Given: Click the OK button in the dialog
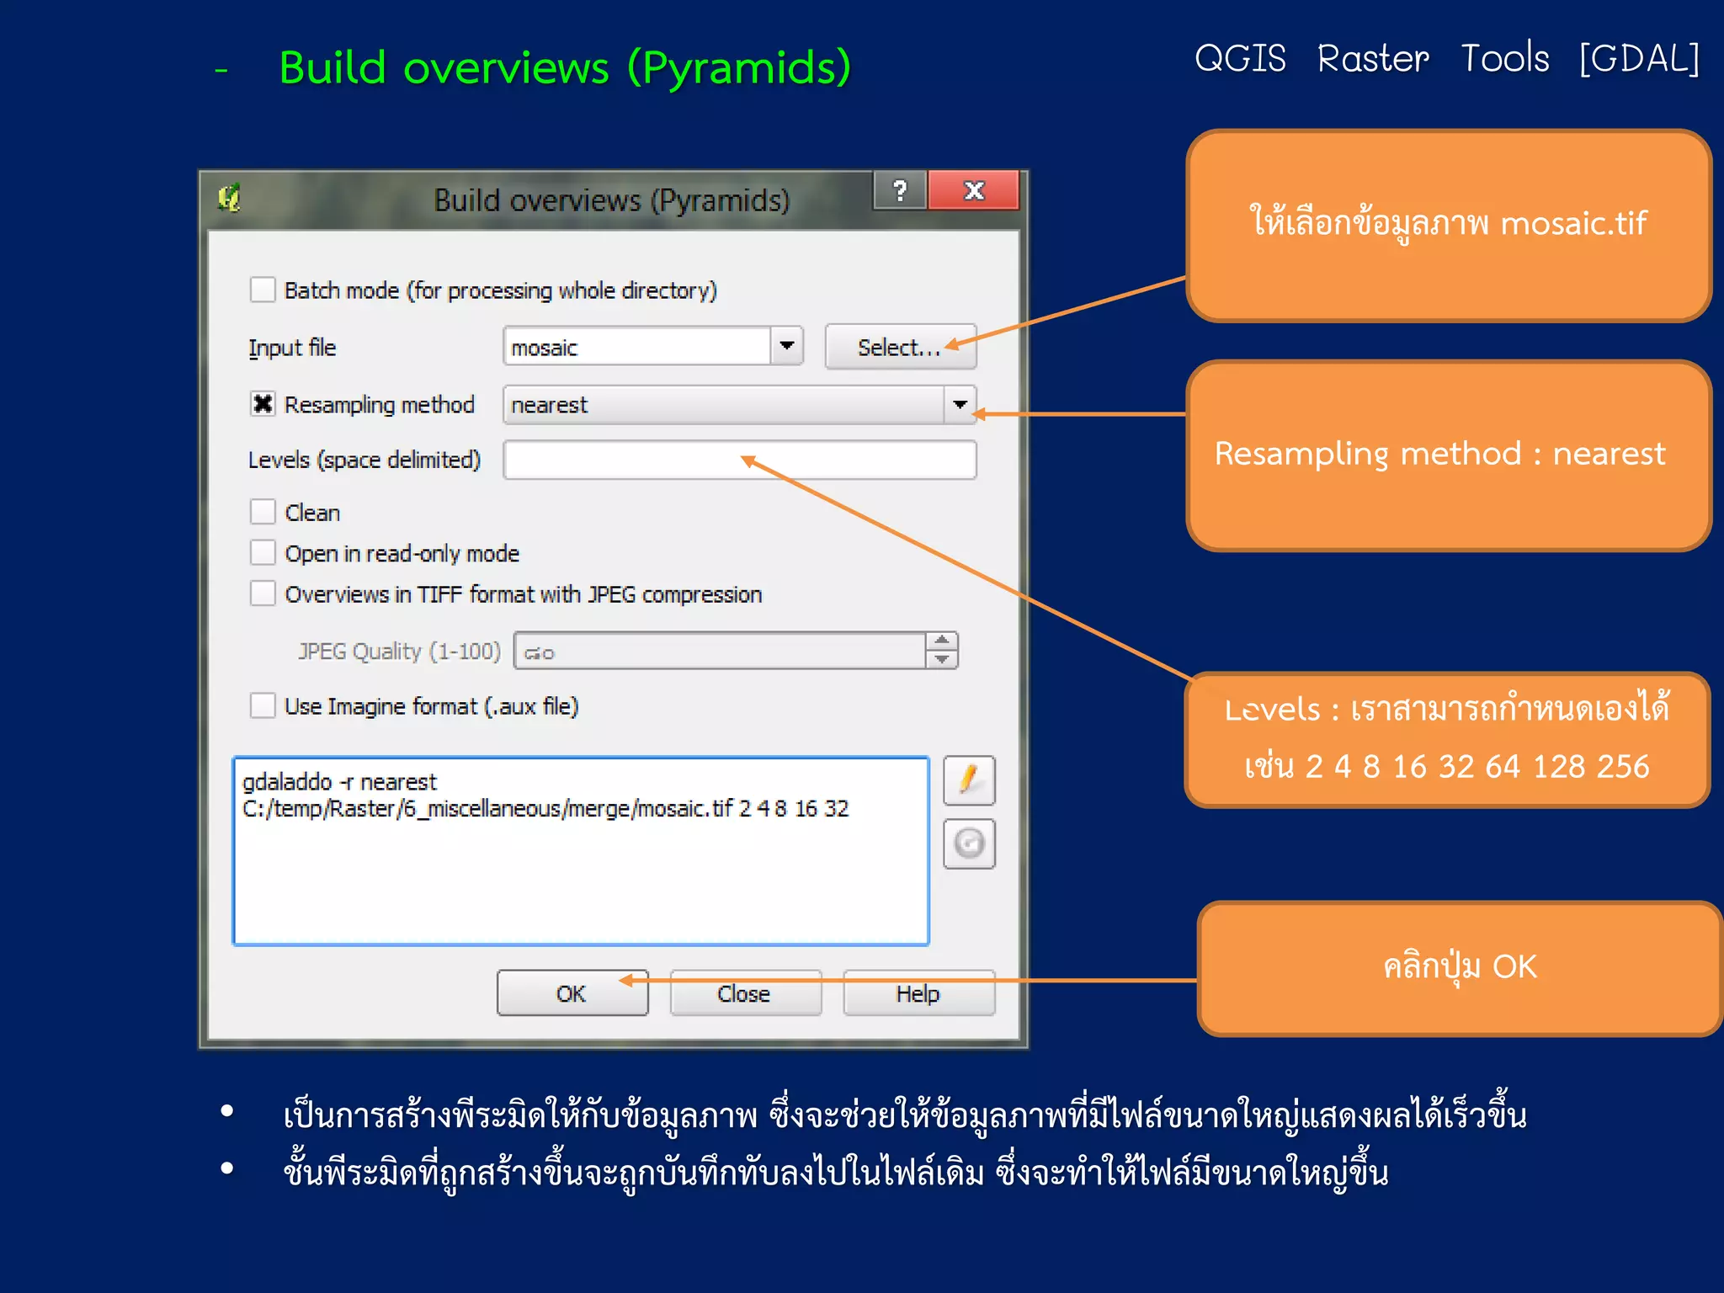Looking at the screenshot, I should tap(572, 993).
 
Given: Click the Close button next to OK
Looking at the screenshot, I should tap(744, 993).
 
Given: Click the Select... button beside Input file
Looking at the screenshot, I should tap(899, 347).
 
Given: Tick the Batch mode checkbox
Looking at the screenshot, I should tap(263, 290).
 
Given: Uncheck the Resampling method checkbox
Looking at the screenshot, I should tap(263, 404).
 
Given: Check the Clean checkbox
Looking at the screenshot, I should tap(263, 512).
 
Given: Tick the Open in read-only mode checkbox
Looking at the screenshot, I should tap(263, 553).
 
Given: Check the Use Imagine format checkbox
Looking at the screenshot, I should tap(263, 705).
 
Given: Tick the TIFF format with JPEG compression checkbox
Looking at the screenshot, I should tap(263, 593).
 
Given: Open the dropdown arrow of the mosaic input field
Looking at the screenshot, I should tap(787, 346).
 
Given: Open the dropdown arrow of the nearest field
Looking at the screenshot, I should tap(960, 405).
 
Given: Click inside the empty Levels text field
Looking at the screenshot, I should tap(739, 460).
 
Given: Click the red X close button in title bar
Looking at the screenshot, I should tap(974, 191).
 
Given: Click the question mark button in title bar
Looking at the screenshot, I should tap(900, 191).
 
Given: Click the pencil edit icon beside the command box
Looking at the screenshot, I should tap(969, 780).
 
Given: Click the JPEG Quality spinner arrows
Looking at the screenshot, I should tap(942, 650).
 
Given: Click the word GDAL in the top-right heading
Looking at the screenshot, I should tap(1639, 59).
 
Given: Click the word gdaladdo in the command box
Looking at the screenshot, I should tap(287, 782).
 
